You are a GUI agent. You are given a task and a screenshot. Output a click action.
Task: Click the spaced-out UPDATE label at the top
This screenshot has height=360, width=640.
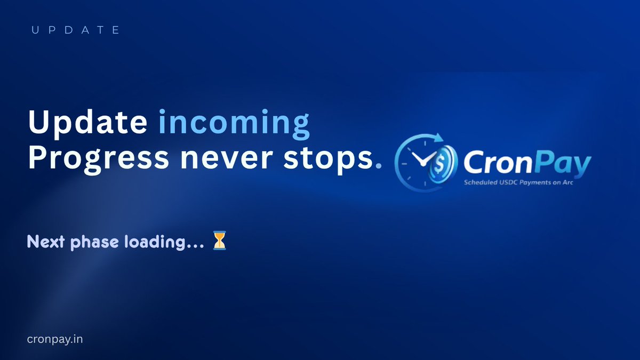(75, 30)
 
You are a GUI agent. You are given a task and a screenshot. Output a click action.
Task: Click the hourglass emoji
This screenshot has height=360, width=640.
(219, 241)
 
